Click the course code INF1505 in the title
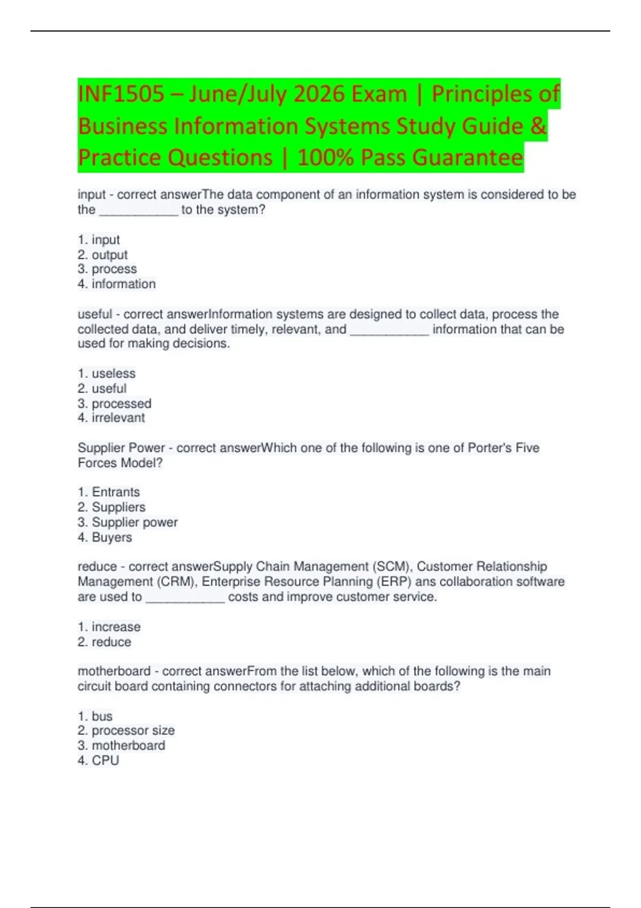click(x=121, y=94)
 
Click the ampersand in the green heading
click(x=538, y=126)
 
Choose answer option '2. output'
click(x=103, y=255)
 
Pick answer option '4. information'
click(x=116, y=284)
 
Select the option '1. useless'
click(x=106, y=373)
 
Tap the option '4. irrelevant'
click(x=111, y=418)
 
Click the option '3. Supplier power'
click(x=128, y=522)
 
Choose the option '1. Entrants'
click(x=108, y=492)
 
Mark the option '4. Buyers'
click(x=105, y=537)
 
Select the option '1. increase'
click(x=109, y=627)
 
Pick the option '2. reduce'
click(x=104, y=641)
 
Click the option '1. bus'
click(x=95, y=716)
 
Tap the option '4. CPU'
click(x=98, y=761)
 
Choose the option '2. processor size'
click(x=126, y=731)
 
